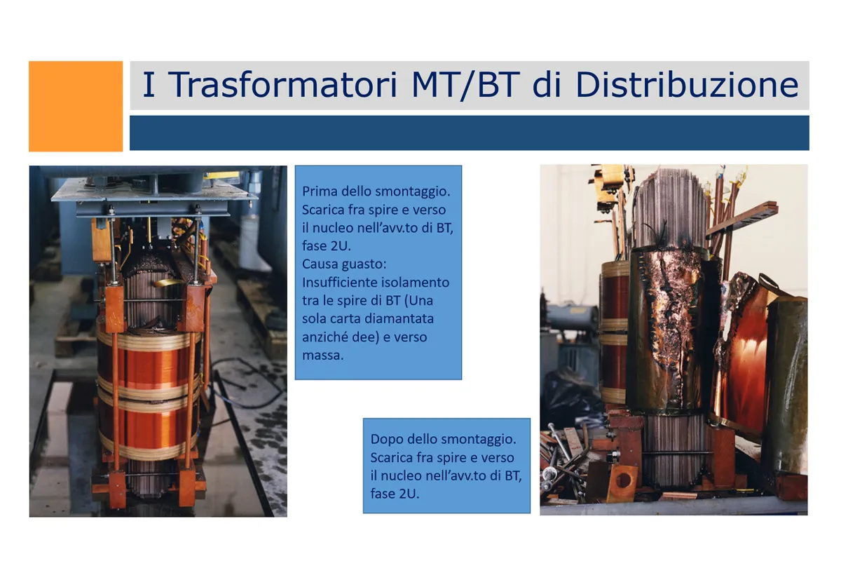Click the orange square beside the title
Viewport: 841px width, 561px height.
coord(76,107)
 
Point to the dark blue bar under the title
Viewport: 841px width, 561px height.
coord(470,133)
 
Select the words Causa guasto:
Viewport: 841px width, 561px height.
coord(344,264)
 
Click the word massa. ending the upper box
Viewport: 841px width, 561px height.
coord(323,355)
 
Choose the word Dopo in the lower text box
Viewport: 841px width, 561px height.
coord(386,439)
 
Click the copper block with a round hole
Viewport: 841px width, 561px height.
coord(622,482)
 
